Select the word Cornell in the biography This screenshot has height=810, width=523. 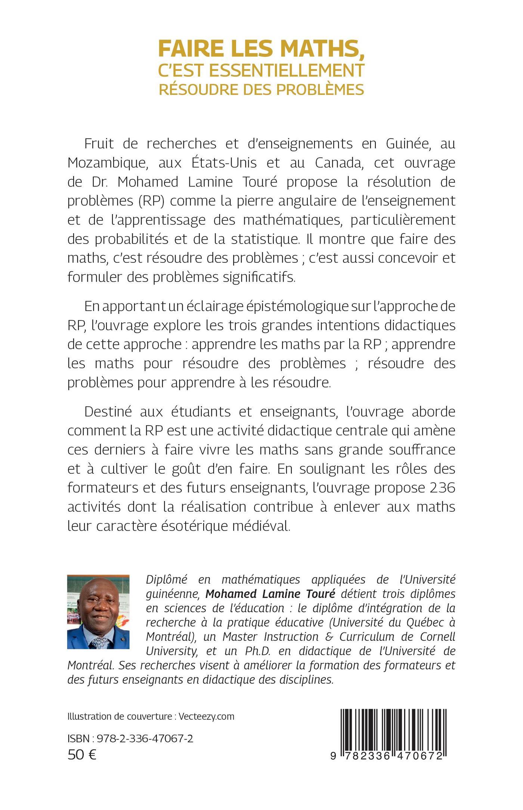click(437, 636)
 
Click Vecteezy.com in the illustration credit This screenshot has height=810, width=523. click(206, 717)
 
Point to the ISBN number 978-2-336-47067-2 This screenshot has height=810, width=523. click(145, 738)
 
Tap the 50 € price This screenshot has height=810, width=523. click(82, 755)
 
